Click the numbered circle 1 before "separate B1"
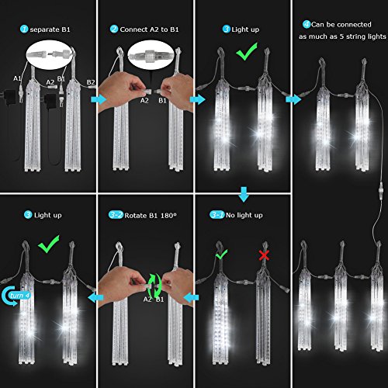point(24,29)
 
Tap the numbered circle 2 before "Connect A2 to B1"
point(114,29)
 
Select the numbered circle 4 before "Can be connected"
point(307,25)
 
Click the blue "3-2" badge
point(116,215)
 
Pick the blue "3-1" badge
point(217,215)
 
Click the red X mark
point(264,255)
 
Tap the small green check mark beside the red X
point(221,254)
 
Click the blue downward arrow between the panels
point(244,194)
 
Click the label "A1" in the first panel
point(17,78)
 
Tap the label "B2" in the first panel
point(91,82)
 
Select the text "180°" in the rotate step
point(168,216)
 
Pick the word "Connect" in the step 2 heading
point(133,29)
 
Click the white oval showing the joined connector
point(151,55)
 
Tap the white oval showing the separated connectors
point(50,55)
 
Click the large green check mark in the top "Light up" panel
point(247,51)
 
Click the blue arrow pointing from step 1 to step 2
point(99,99)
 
